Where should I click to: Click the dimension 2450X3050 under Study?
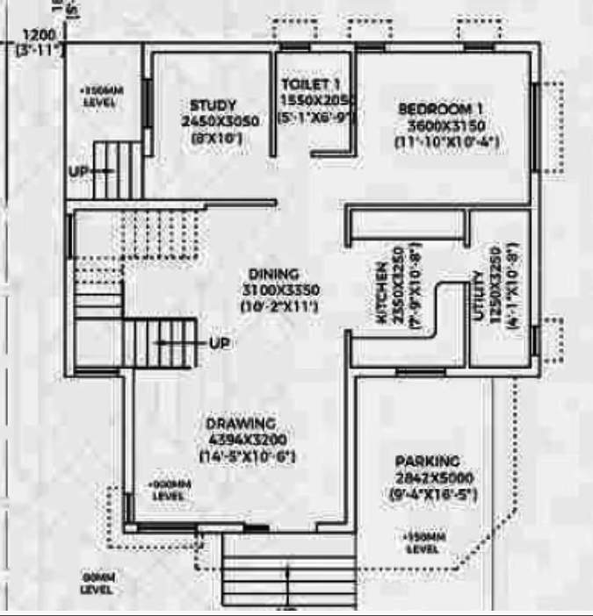220,121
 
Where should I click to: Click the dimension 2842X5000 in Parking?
434,478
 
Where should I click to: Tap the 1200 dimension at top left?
36,36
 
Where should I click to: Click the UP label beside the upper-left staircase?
78,170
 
